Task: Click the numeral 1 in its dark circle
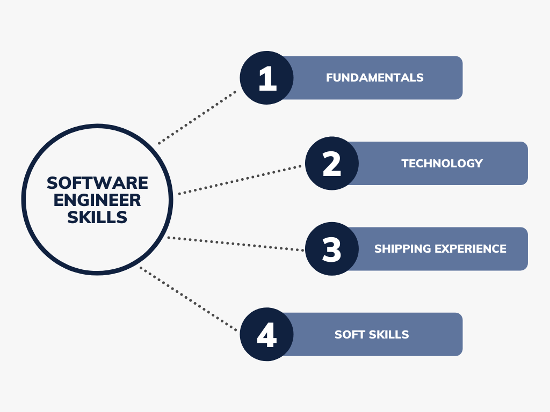click(267, 78)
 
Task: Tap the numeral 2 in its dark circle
click(332, 164)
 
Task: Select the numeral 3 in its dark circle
click(332, 249)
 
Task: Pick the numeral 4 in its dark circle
click(266, 335)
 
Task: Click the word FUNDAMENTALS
click(374, 78)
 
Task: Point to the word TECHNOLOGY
click(442, 164)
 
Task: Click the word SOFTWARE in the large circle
click(97, 183)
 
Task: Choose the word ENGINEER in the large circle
click(97, 200)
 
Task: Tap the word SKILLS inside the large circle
click(97, 217)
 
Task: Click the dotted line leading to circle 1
click(197, 117)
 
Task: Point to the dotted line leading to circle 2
click(240, 180)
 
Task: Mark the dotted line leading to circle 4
click(188, 298)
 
